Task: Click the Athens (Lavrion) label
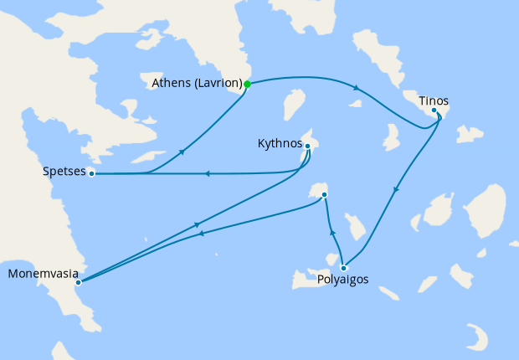tap(197, 84)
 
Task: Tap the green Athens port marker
tap(247, 84)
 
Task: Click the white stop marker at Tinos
tap(434, 111)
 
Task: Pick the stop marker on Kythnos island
tap(307, 147)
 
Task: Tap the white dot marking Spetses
tap(91, 173)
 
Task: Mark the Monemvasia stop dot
tap(78, 283)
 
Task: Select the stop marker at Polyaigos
tap(343, 268)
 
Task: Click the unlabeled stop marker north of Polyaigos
tap(324, 195)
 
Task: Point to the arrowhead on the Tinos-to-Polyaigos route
tap(395, 190)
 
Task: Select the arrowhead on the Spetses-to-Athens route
tap(182, 152)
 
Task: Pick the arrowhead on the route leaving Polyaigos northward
tap(332, 232)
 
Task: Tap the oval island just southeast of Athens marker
tap(292, 107)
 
